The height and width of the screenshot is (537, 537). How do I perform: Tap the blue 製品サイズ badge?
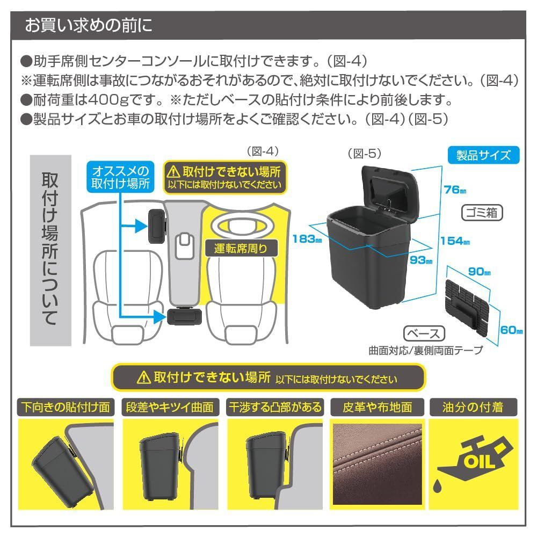tap(483, 156)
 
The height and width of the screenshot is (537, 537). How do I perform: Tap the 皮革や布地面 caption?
tap(378, 407)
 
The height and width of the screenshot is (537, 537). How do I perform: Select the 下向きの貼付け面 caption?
tap(66, 407)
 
